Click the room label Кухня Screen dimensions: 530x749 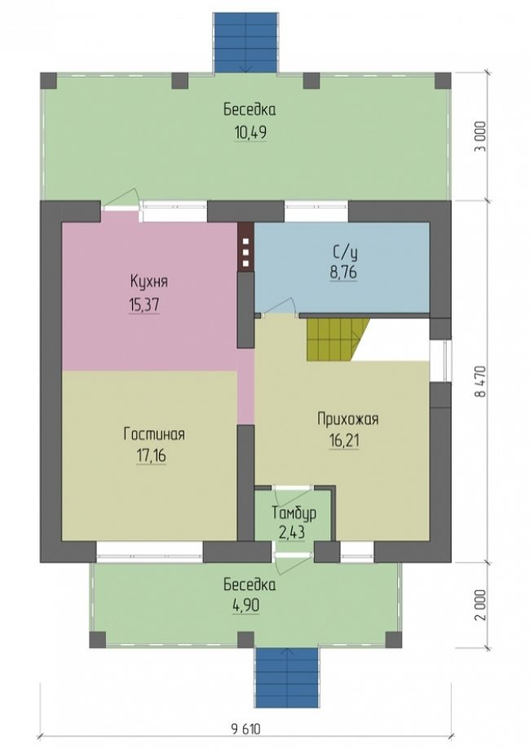click(x=149, y=281)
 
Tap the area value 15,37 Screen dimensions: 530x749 click(x=144, y=304)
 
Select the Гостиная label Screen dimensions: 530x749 click(x=154, y=434)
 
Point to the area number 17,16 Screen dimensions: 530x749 click(x=152, y=456)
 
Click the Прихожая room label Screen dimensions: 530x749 click(x=348, y=419)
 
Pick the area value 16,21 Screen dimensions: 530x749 click(x=344, y=441)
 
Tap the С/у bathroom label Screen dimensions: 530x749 click(x=344, y=252)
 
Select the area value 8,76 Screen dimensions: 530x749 click(x=342, y=273)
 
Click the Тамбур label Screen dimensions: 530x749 click(x=294, y=513)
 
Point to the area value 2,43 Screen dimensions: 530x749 click(x=292, y=532)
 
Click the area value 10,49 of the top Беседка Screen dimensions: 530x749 click(x=250, y=132)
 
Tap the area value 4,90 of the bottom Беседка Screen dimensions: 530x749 click(x=246, y=605)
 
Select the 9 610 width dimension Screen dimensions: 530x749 click(x=246, y=729)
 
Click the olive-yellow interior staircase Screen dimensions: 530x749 click(x=338, y=339)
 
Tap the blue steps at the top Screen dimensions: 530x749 click(x=245, y=42)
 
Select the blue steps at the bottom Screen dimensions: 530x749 click(x=286, y=678)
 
